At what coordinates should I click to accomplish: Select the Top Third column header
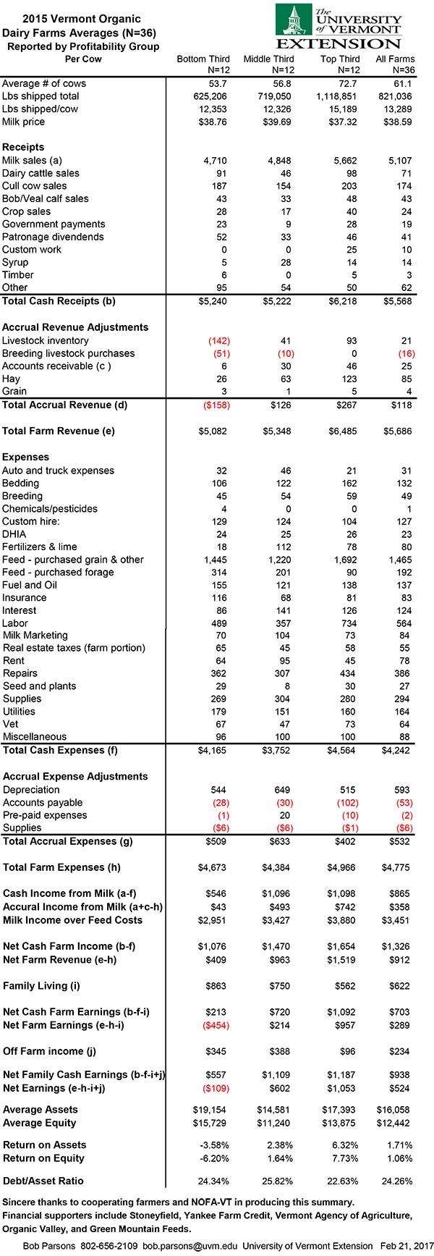pos(339,59)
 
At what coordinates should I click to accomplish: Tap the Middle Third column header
pos(268,59)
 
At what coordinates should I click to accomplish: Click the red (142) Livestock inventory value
pos(218,340)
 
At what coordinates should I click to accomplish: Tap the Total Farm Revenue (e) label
pos(59,431)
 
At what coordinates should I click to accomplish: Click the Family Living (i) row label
pos(41,986)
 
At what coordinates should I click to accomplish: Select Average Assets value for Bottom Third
pos(213,1109)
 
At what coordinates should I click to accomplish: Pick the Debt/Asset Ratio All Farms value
pos(398,1181)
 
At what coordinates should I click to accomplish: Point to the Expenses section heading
pos(26,457)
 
